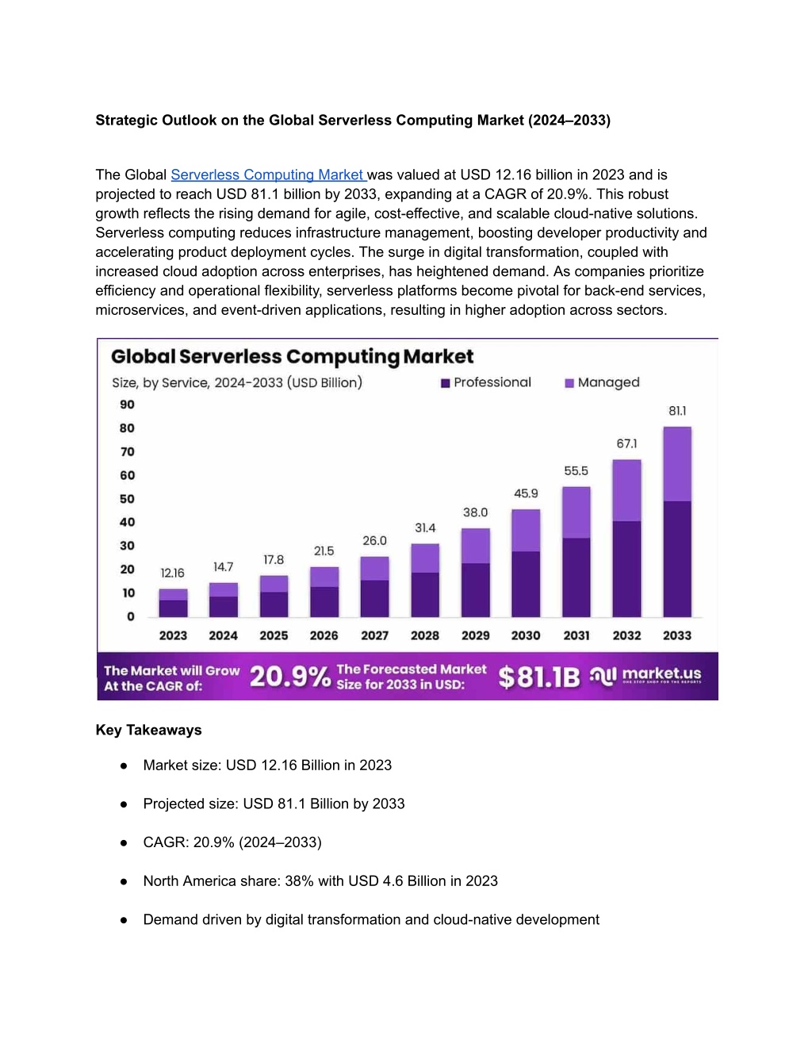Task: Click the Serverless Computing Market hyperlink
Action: pyautogui.click(x=269, y=175)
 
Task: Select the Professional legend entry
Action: pyautogui.click(x=486, y=382)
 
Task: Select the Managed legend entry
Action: pyautogui.click(x=602, y=382)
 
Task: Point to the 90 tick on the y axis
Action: pyautogui.click(x=127, y=405)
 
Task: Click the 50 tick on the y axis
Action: pyautogui.click(x=127, y=499)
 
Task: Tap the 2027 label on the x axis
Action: pyautogui.click(x=374, y=635)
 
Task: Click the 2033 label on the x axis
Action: pyautogui.click(x=677, y=635)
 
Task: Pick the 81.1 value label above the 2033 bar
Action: pyautogui.click(x=677, y=411)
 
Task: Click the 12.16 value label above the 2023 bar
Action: pyautogui.click(x=173, y=573)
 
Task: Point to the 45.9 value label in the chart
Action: pyautogui.click(x=526, y=493)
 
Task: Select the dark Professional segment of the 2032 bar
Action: pyautogui.click(x=627, y=570)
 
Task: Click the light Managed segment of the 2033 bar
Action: pyautogui.click(x=677, y=464)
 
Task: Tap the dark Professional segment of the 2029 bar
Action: pyautogui.click(x=476, y=590)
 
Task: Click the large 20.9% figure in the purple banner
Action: pyautogui.click(x=290, y=677)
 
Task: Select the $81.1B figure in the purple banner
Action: pyautogui.click(x=539, y=677)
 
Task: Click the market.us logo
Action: pyautogui.click(x=645, y=676)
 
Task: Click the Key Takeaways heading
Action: pyautogui.click(x=148, y=730)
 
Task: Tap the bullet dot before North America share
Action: pyautogui.click(x=124, y=882)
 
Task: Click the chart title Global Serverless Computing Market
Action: pyautogui.click(x=292, y=356)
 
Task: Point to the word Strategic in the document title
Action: pyautogui.click(x=127, y=120)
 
